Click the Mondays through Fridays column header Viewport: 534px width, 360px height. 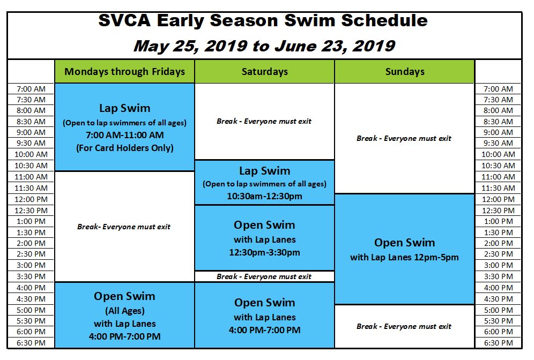[124, 71]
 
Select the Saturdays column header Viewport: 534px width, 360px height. [265, 71]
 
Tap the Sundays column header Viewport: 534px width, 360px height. [405, 71]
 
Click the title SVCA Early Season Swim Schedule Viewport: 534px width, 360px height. [263, 20]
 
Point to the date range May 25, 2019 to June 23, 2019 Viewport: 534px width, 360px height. [264, 46]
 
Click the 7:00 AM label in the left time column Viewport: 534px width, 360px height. [31, 89]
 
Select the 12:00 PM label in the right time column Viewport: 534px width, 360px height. [498, 199]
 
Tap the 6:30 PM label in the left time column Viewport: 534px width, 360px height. [31, 343]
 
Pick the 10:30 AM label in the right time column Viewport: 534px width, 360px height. [498, 166]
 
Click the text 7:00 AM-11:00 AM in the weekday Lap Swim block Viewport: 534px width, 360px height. [124, 135]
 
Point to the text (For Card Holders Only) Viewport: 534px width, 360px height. [124, 148]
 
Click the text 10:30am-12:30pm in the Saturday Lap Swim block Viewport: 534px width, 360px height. [265, 196]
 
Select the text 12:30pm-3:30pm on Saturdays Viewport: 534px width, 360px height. [265, 252]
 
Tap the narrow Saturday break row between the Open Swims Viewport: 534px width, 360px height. [264, 276]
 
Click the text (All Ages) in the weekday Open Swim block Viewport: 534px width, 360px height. [124, 311]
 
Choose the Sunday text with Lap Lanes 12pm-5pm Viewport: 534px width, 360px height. [404, 257]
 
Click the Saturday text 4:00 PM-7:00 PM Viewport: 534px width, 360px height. [265, 329]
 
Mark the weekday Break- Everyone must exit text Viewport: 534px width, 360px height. [124, 227]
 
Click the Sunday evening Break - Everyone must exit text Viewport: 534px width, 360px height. [404, 326]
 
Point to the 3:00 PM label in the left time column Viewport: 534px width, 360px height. [31, 265]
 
